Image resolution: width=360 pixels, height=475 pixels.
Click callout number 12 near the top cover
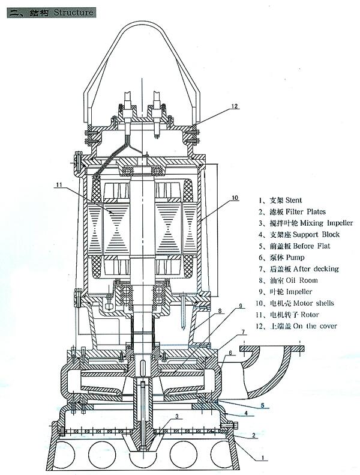[233, 106]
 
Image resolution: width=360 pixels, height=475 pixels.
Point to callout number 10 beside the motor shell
[235, 197]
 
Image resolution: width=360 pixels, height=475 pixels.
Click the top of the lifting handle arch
[142, 22]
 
